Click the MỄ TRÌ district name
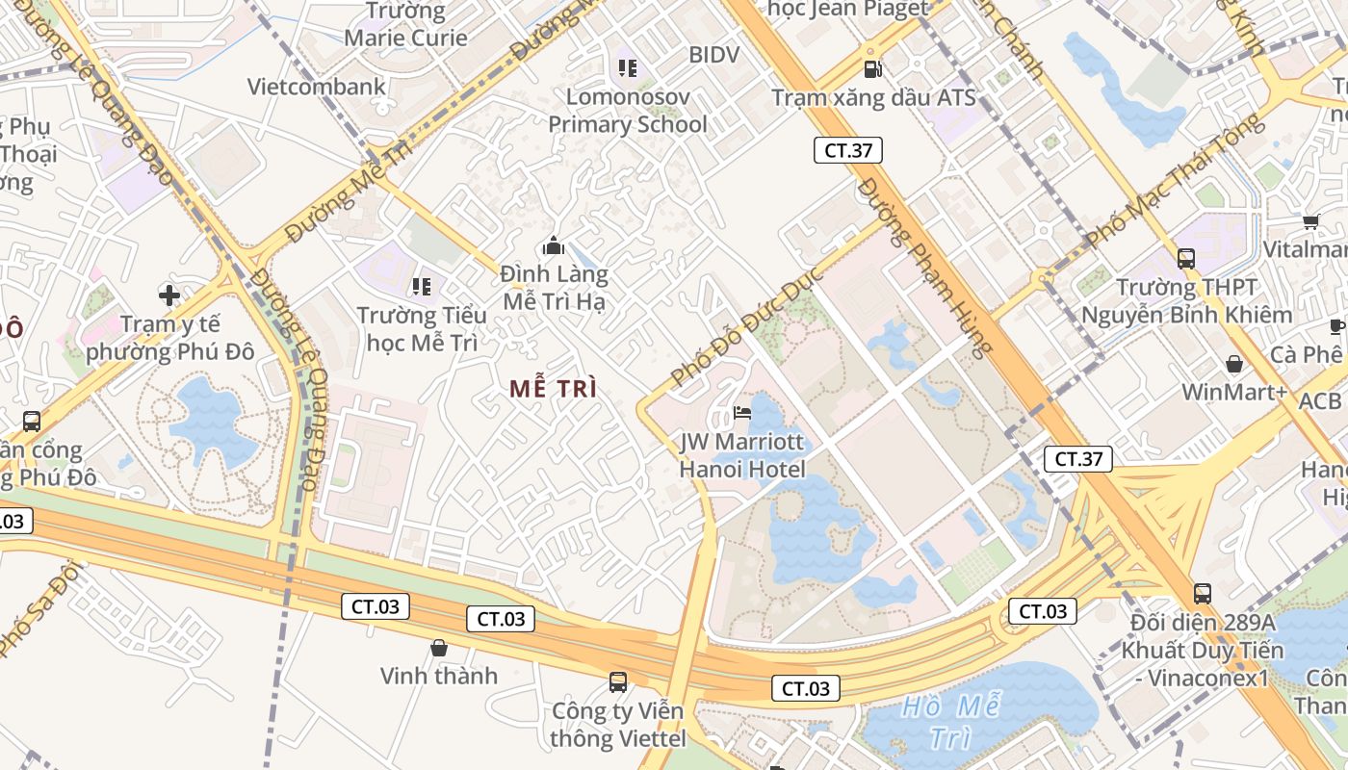point(554,389)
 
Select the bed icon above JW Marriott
point(742,415)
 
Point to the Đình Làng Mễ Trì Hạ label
point(555,288)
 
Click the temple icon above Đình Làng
point(553,245)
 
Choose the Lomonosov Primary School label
point(628,111)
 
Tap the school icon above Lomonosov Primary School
point(628,67)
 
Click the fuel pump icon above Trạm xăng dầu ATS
point(872,68)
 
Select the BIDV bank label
point(713,55)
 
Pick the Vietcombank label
point(316,87)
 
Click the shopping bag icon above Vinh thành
point(439,648)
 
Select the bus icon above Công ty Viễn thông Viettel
point(618,682)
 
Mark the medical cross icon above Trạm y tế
point(169,295)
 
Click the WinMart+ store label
point(1234,392)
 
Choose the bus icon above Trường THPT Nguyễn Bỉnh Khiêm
point(1186,258)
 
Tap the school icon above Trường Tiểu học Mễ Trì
point(421,286)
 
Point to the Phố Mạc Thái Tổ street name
point(1173,180)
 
